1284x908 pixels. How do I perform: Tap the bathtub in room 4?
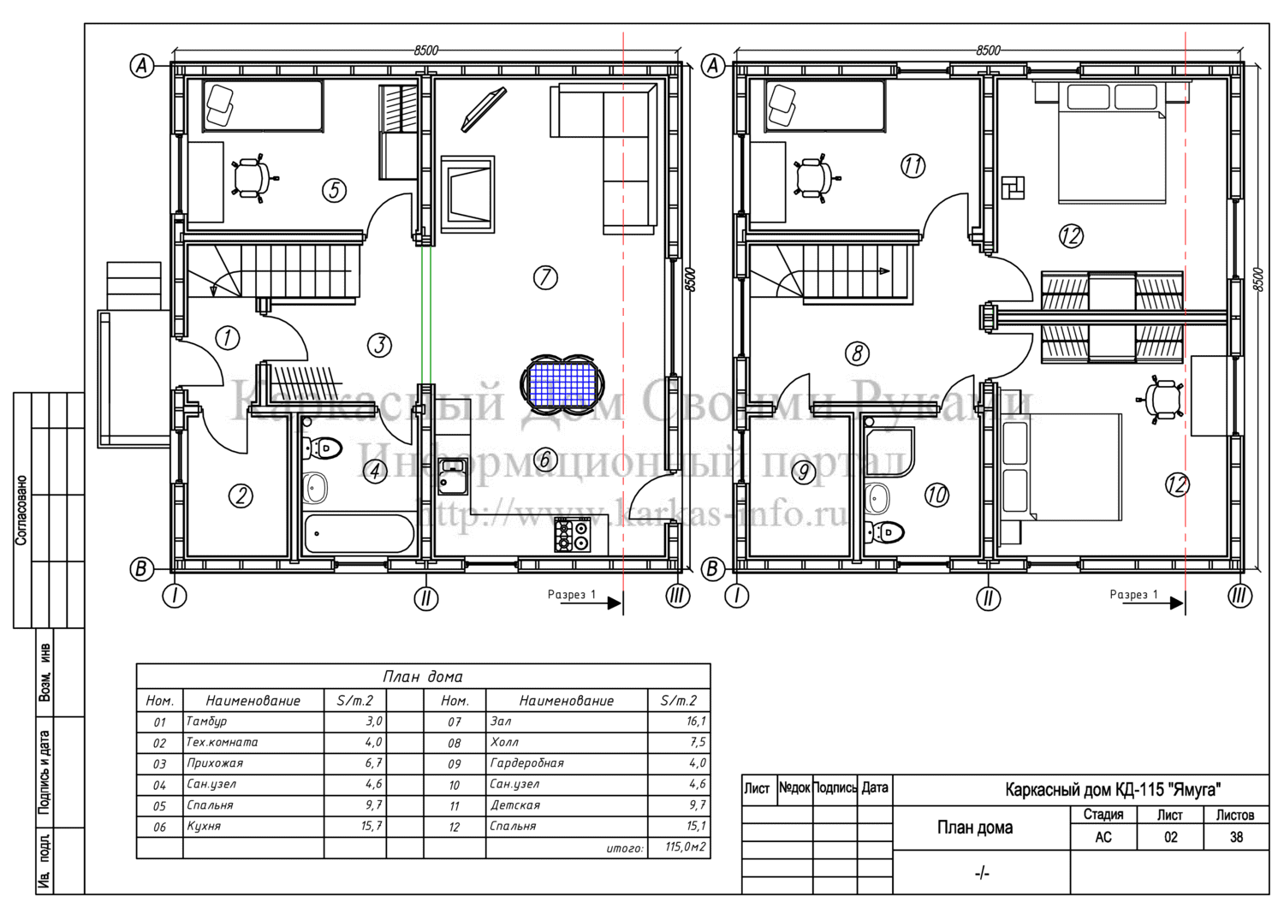pos(359,533)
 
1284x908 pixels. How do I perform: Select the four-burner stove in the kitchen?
pos(572,534)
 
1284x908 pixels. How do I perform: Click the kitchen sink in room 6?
pos(453,477)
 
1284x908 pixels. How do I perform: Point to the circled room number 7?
pos(545,277)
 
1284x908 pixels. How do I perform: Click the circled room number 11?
pos(912,166)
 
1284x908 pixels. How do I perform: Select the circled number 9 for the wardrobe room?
pos(804,472)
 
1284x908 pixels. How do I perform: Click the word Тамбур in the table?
pos(206,721)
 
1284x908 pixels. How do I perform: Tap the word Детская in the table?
pos(514,804)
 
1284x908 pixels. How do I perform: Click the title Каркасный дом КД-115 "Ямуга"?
pos(1113,790)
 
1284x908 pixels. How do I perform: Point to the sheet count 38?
pos(1236,838)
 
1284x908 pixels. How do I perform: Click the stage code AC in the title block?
pos(1103,838)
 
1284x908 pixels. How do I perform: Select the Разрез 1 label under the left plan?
pos(572,595)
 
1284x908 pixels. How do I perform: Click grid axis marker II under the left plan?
pos(426,598)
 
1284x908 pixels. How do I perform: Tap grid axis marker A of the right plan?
pos(712,66)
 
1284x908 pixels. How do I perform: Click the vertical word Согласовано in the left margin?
pos(21,510)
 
